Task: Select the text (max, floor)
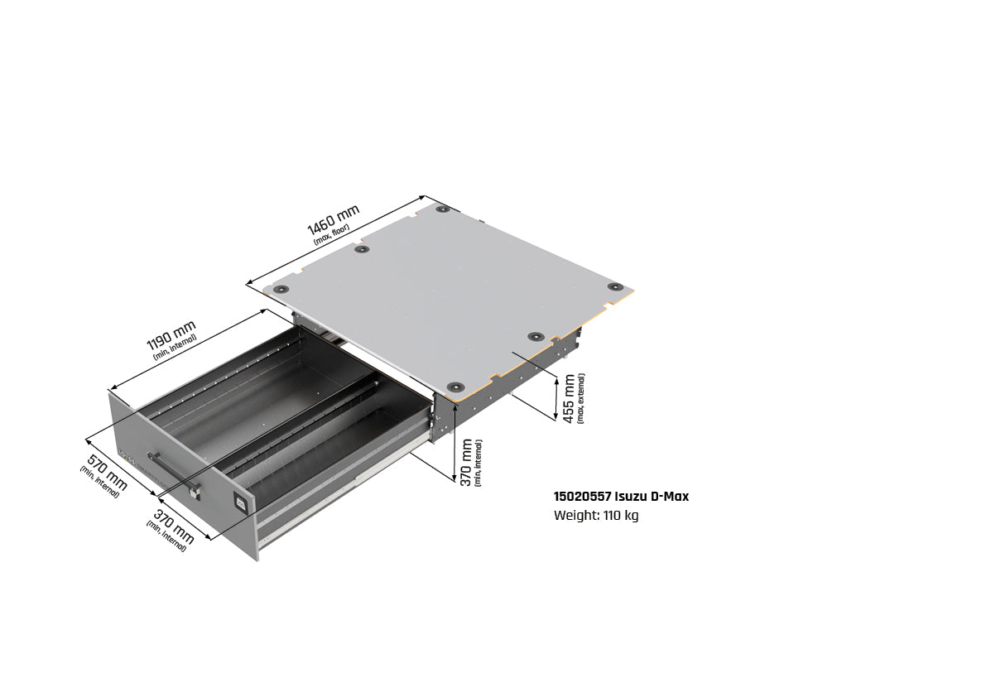[x=332, y=236]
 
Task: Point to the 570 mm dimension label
[x=107, y=473]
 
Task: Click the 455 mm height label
[x=569, y=398]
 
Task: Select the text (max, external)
[x=580, y=398]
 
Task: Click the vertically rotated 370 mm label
[x=467, y=462]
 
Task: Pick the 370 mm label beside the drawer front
[x=173, y=527]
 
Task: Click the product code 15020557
[x=582, y=497]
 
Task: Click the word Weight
[x=575, y=516]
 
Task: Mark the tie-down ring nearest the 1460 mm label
[x=361, y=249]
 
